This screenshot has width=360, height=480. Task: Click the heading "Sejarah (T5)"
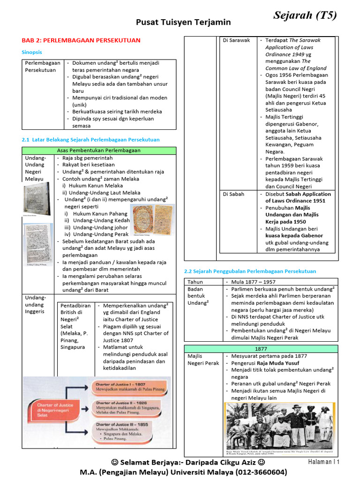pos(305,16)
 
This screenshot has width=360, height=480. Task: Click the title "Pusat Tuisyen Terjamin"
pos(183,22)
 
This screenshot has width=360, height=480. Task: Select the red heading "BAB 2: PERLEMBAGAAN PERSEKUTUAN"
pos(81,41)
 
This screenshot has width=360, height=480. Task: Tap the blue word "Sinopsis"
pos(32,52)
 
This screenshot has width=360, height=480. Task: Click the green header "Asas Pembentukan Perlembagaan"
pos(98,150)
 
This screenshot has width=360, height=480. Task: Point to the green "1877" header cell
pos(261,349)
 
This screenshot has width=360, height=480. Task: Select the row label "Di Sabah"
pos(233,194)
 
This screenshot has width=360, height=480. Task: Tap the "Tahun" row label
pos(195,282)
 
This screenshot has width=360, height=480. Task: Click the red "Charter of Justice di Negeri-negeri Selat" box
pos(53,408)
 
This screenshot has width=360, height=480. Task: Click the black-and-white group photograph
pos(279,426)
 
